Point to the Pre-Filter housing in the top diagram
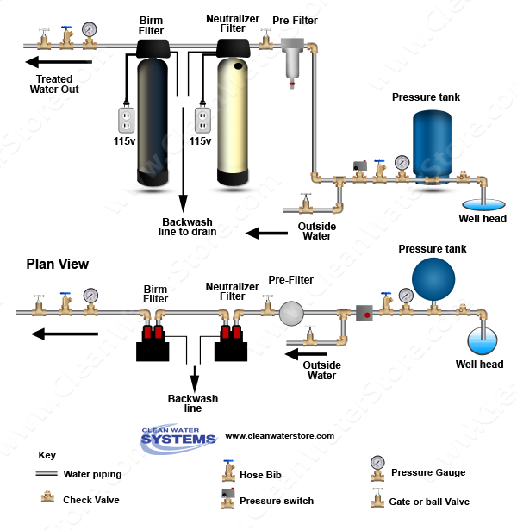tap(295, 65)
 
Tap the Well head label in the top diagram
tap(483, 219)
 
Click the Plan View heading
tap(57, 265)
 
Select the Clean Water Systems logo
tap(178, 436)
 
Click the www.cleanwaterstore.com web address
tap(279, 436)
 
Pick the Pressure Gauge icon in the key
tap(377, 465)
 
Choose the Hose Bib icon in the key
tap(228, 470)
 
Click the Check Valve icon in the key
tap(47, 498)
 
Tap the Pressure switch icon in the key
tap(228, 497)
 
